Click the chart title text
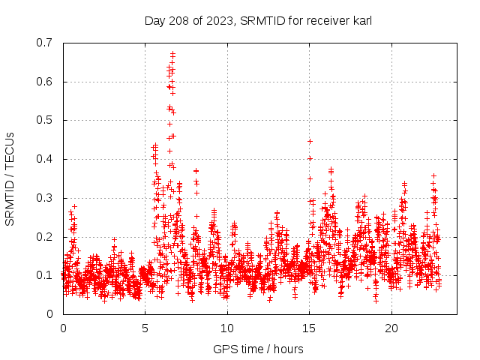click(x=258, y=20)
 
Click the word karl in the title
click(x=361, y=20)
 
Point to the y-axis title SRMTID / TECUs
click(x=10, y=178)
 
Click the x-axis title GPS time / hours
click(x=258, y=349)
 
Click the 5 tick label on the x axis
click(x=145, y=328)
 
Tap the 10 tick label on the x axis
click(x=227, y=328)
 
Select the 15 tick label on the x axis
click(x=310, y=328)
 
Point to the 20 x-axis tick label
click(x=391, y=328)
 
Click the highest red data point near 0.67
click(x=172, y=54)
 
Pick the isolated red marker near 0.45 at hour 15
click(x=310, y=141)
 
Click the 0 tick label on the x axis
click(x=63, y=328)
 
